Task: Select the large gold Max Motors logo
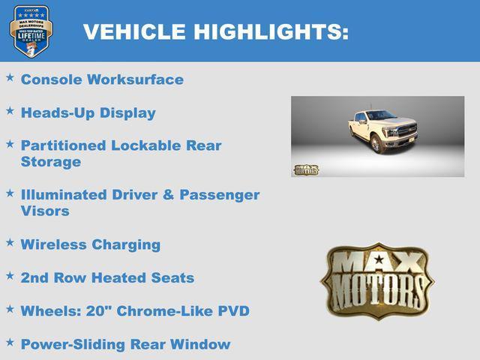click(x=377, y=280)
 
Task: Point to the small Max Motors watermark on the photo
click(x=305, y=169)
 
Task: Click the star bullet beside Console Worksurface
click(x=10, y=78)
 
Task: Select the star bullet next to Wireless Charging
click(x=10, y=243)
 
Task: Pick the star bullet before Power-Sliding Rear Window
click(x=10, y=343)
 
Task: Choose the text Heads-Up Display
click(x=88, y=113)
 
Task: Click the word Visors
click(x=45, y=211)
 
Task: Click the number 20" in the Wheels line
click(x=94, y=310)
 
